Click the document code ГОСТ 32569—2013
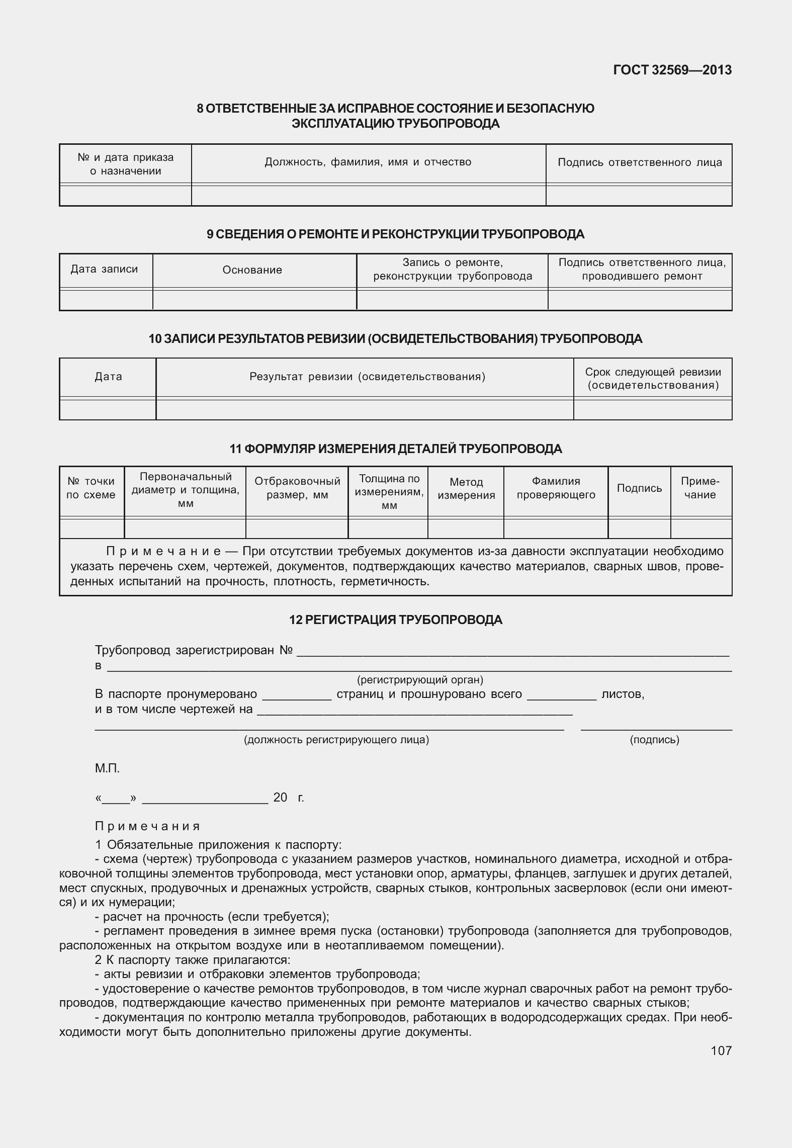pos(672,70)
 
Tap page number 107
pos(721,1050)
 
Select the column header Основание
pos(252,270)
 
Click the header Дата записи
pos(104,269)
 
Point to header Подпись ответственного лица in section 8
pos(640,162)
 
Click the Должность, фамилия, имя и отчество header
pos(368,162)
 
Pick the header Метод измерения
pos(466,488)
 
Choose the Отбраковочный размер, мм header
pos(297,488)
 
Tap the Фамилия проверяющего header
pos(556,488)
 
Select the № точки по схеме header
pos(91,488)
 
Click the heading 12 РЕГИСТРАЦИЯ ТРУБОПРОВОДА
pos(396,620)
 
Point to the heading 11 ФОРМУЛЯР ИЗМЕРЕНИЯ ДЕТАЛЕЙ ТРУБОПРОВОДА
pos(396,449)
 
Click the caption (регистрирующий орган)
pos(420,680)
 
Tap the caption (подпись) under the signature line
pos(654,740)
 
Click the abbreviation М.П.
pos(107,768)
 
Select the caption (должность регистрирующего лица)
pos(336,740)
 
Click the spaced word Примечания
pos(147,826)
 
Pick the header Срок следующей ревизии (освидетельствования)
pos(653,379)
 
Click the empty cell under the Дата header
pos(108,410)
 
